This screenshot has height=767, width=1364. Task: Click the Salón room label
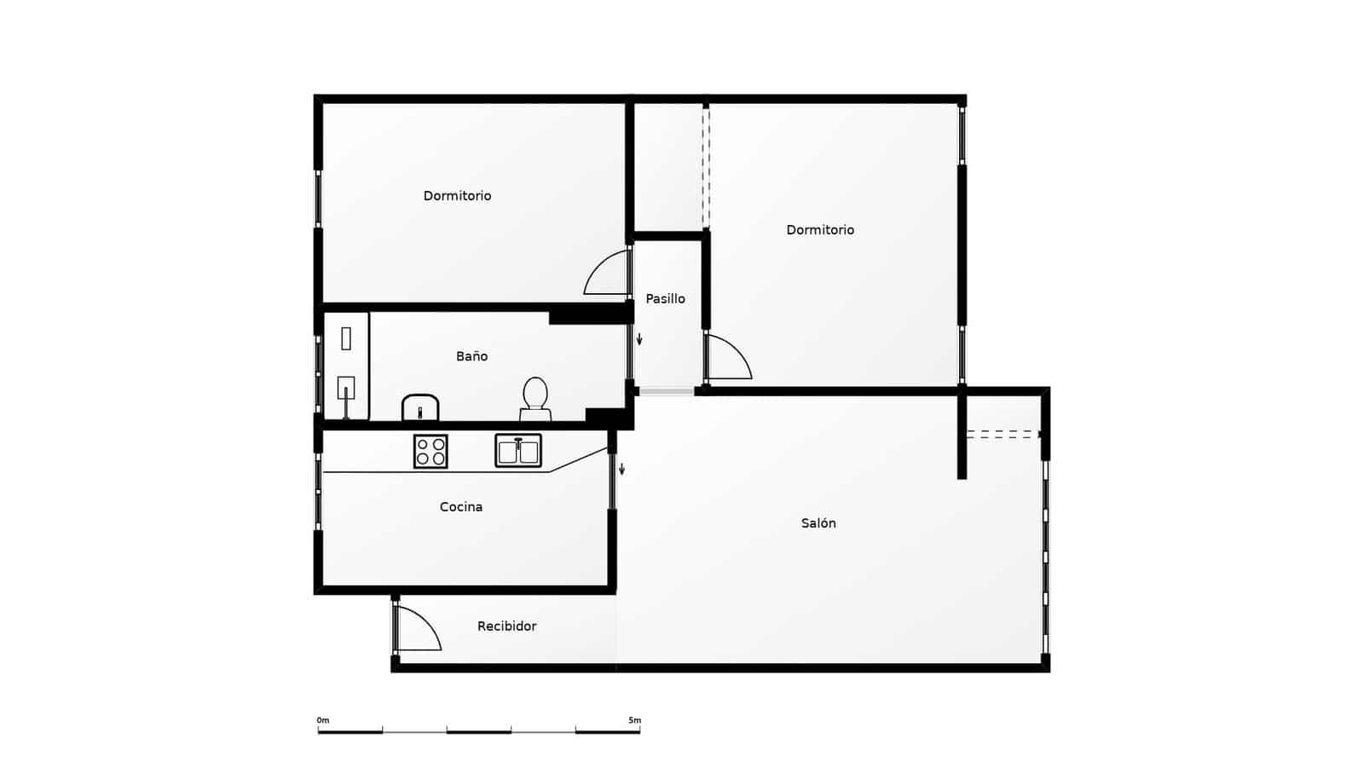[818, 523]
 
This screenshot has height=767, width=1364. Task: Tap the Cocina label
[461, 507]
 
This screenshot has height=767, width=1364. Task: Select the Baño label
[471, 356]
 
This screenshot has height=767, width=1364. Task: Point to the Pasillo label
[665, 298]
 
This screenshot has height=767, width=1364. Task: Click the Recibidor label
[506, 626]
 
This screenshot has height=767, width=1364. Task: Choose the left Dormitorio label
[457, 196]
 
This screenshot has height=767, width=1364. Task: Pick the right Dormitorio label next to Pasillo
[820, 230]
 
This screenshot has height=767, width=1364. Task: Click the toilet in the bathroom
[535, 399]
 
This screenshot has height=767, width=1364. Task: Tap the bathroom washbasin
[420, 408]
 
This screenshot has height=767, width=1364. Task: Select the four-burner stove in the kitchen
[431, 451]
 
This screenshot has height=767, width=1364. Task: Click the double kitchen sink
[518, 451]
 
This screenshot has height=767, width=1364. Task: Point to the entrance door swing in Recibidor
[419, 630]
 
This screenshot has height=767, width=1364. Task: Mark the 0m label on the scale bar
[322, 720]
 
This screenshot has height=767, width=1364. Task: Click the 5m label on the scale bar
[634, 720]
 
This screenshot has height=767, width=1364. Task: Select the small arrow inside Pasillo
[639, 339]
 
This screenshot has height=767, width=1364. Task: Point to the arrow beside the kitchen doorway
[621, 469]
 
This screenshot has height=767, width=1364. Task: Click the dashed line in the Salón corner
[1003, 434]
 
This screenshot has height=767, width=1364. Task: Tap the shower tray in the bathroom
[346, 366]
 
